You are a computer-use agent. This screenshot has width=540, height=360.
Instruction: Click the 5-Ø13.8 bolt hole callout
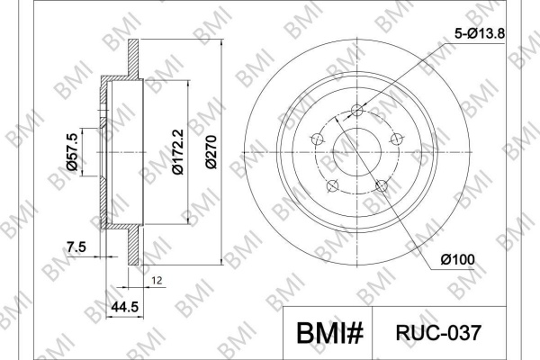click(x=480, y=34)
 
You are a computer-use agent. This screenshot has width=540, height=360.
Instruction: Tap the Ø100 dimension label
click(x=458, y=259)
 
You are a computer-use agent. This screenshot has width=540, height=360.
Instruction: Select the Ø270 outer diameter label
click(x=211, y=152)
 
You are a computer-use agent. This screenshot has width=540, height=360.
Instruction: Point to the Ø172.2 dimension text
click(x=178, y=152)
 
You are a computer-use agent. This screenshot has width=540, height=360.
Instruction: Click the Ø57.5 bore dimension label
click(x=72, y=152)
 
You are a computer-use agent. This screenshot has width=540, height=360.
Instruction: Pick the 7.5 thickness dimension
click(x=76, y=247)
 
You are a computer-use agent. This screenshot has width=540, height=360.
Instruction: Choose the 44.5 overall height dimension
click(x=125, y=306)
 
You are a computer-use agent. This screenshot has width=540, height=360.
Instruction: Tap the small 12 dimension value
click(x=157, y=281)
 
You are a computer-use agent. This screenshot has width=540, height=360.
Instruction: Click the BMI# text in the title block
click(x=329, y=333)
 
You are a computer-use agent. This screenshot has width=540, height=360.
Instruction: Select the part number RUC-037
click(x=438, y=333)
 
